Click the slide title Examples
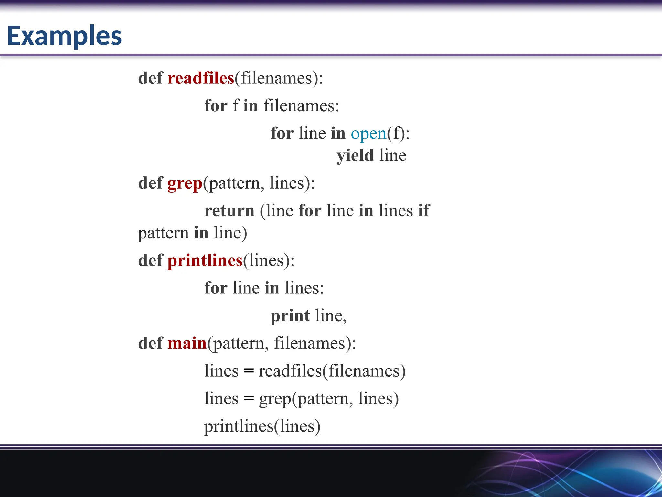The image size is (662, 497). coord(64,36)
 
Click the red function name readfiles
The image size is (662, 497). coord(201,78)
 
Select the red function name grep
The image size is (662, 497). coord(185,183)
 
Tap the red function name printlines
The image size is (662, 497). coord(205,260)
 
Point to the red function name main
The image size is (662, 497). coord(187,343)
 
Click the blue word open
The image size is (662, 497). coord(368,134)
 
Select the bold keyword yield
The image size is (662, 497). coord(355,156)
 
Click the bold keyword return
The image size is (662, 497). coord(230,211)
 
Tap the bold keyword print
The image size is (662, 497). coord(290,316)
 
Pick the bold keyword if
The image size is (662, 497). coord(424,211)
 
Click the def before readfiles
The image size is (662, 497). coord(150,78)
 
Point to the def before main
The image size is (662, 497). coord(150,343)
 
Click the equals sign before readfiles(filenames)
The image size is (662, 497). coord(248,371)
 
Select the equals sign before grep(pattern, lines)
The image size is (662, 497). coord(248,399)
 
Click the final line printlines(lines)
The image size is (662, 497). coord(262,426)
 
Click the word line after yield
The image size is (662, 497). coord(393,156)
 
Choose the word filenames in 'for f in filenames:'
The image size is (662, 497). coord(301,106)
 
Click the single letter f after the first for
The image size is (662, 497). coord(236,106)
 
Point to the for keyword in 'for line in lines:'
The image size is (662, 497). coord(216,288)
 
